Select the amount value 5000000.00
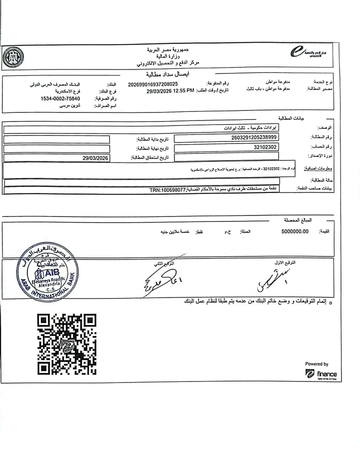[x=291, y=231]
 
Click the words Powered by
[x=316, y=364]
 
